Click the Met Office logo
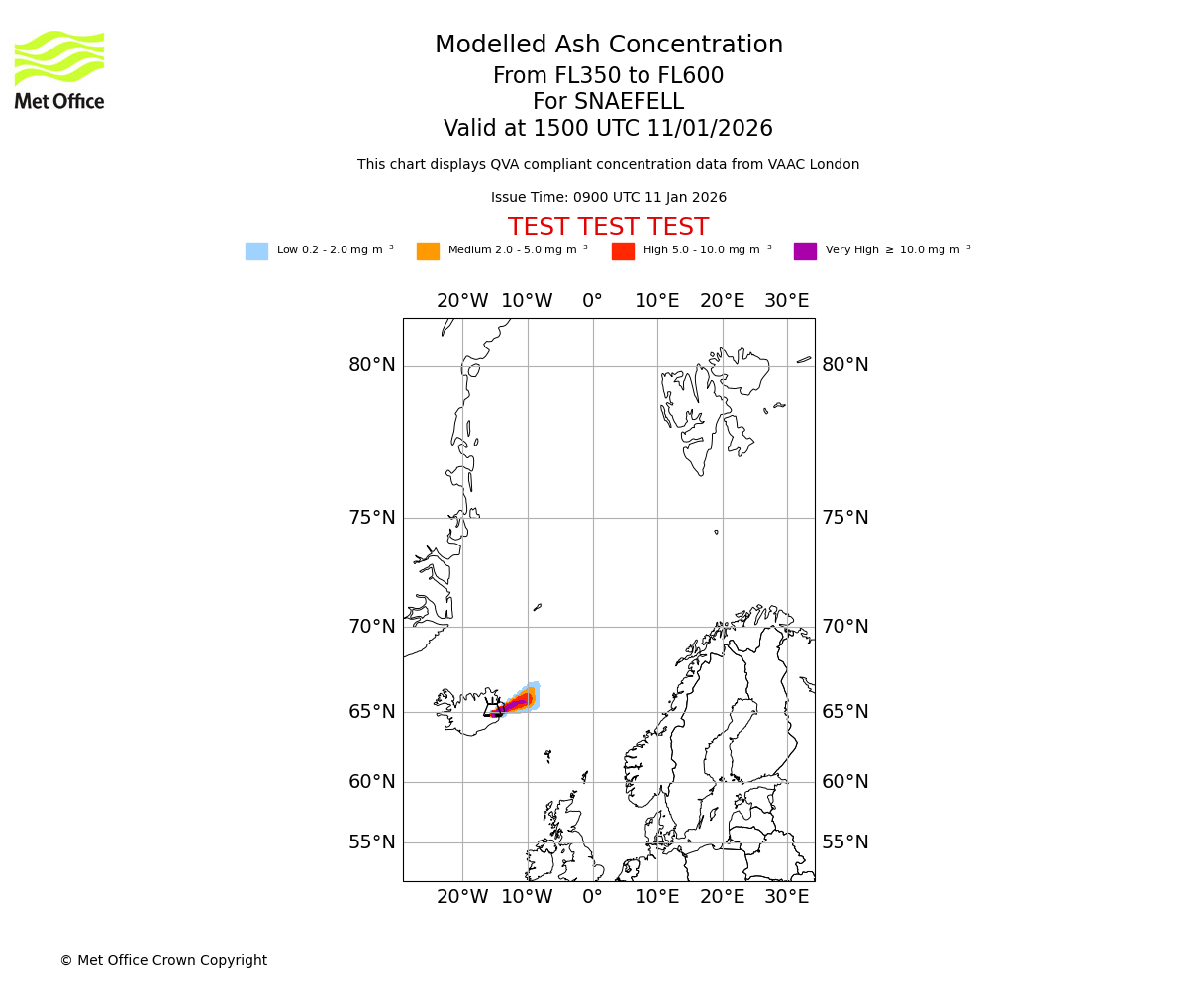pos(59,69)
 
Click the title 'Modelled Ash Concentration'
pos(608,46)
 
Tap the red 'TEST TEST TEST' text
pos(608,228)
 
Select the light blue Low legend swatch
pos(256,251)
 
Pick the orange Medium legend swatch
pos(428,251)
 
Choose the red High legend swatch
pos(623,251)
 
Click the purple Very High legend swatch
pos(805,251)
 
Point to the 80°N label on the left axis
pos(371,365)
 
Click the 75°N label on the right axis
pos(845,518)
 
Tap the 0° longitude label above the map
pos(592,301)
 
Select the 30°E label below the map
pos(787,897)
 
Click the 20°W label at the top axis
pos(462,301)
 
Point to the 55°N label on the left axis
pos(371,842)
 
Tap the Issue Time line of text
pos(608,198)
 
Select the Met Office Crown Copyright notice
pos(163,961)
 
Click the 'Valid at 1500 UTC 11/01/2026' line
pos(608,129)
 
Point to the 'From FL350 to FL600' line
pos(608,76)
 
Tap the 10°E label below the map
pos(657,897)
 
